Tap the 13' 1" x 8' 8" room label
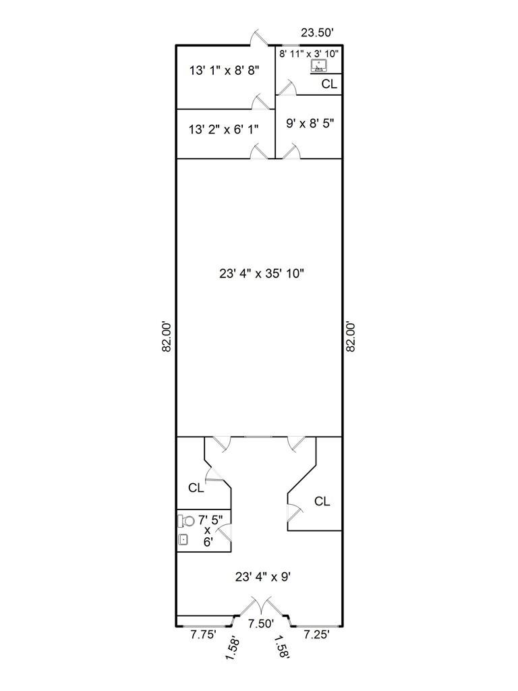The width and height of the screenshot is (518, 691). point(225,70)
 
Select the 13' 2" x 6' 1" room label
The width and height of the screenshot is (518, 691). point(225,128)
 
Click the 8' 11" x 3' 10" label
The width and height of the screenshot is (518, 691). point(310,53)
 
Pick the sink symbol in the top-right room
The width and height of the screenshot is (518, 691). point(318,66)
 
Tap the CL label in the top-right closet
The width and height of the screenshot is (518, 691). point(329,84)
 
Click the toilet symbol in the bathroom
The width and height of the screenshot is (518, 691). point(187,520)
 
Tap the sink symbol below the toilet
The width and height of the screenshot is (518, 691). point(183,539)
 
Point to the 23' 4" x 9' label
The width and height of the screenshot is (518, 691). point(262,577)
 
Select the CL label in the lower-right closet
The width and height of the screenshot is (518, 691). point(322,501)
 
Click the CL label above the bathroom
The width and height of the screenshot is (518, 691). point(196,488)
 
